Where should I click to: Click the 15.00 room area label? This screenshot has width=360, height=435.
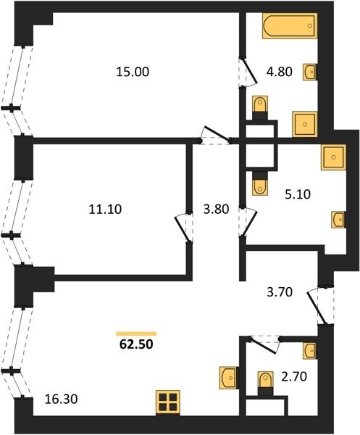[x=133, y=72]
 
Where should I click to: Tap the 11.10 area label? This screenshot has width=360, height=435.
[x=105, y=209]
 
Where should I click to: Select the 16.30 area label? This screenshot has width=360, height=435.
[x=61, y=399]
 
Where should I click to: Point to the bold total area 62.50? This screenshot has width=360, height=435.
[x=136, y=344]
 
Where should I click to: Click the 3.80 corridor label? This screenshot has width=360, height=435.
[x=216, y=210]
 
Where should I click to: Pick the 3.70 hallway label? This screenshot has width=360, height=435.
[x=280, y=292]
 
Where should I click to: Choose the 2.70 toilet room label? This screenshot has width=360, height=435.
[x=294, y=377]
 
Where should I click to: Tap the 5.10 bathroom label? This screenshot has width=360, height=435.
[x=298, y=194]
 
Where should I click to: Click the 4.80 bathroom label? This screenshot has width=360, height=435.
[x=280, y=72]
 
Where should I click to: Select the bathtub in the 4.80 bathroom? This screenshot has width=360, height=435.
[x=290, y=25]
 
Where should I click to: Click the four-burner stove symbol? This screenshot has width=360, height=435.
[x=167, y=402]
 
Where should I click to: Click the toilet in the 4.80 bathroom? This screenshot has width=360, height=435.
[x=260, y=107]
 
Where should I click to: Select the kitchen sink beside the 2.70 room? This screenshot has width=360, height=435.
[x=229, y=378]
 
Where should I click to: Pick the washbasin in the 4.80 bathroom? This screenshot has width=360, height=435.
[x=310, y=72]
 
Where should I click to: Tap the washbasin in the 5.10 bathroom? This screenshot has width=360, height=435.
[x=338, y=220]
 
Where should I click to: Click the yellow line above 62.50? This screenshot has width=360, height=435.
[x=136, y=333]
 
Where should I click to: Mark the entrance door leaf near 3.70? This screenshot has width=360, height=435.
[x=317, y=307]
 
